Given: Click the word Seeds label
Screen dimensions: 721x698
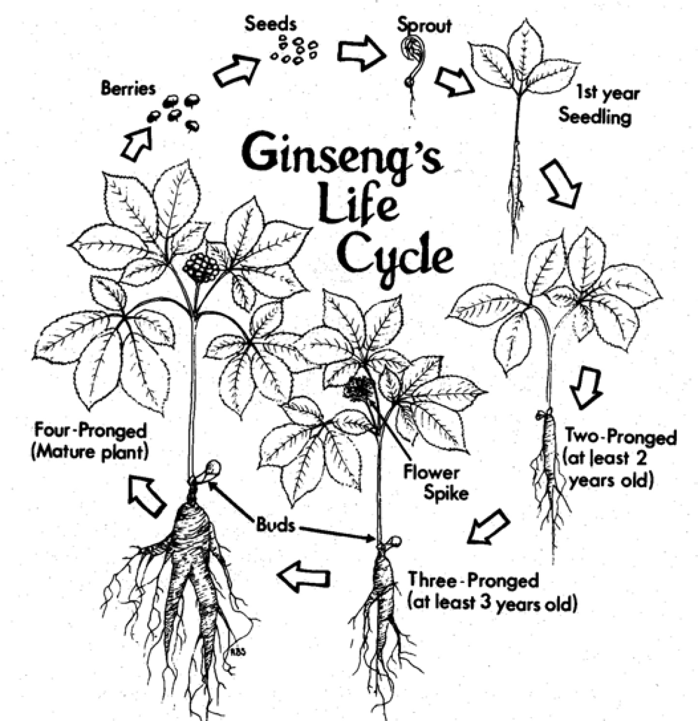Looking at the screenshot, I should pyautogui.click(x=270, y=24).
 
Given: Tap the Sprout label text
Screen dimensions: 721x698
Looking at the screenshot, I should pyautogui.click(x=424, y=25).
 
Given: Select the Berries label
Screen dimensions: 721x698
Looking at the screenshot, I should pyautogui.click(x=128, y=88).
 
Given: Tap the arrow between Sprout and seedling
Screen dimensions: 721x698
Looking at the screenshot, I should pyautogui.click(x=454, y=82).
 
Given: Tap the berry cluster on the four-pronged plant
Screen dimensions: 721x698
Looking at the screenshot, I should pyautogui.click(x=201, y=267).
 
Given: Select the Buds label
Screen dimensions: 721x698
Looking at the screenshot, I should pyautogui.click(x=275, y=525).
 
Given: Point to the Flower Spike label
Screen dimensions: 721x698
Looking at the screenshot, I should pyautogui.click(x=435, y=482).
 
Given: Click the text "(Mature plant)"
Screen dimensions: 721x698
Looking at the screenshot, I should pyautogui.click(x=90, y=452).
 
